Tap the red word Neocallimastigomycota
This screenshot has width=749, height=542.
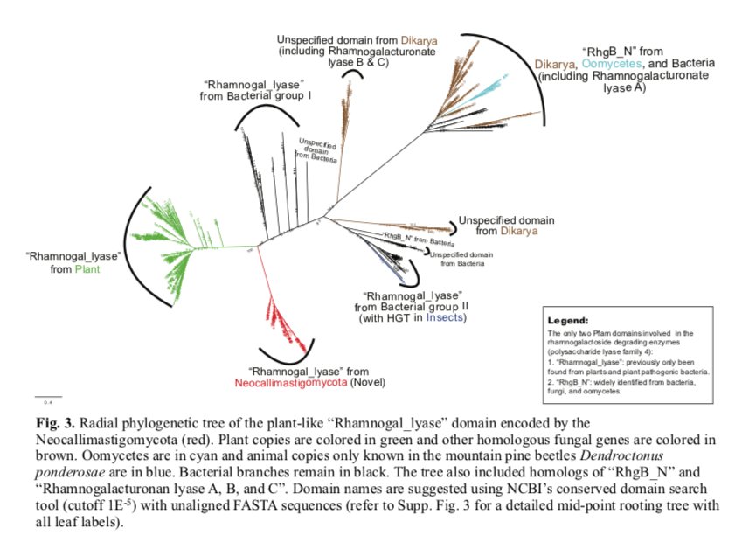tap(290, 383)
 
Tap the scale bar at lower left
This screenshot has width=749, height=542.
tap(48, 398)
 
